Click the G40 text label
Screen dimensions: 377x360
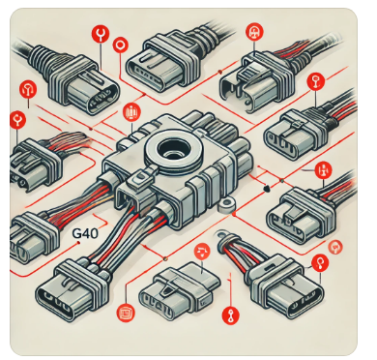(x=85, y=233)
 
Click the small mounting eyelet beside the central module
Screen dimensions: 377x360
(x=226, y=204)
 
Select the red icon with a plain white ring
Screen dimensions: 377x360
(x=121, y=45)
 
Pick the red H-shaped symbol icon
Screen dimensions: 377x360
(x=323, y=170)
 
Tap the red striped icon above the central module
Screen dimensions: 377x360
(x=131, y=112)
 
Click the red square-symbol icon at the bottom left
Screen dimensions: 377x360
(x=126, y=313)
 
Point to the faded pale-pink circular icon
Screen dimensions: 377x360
(x=335, y=248)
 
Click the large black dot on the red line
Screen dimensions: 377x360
(x=267, y=188)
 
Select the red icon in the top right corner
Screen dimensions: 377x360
(x=254, y=32)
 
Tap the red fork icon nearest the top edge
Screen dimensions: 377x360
(x=101, y=34)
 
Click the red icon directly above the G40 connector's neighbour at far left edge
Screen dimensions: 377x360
(x=18, y=120)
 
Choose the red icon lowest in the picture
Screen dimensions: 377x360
(x=231, y=315)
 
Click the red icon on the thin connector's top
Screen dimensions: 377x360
(x=203, y=251)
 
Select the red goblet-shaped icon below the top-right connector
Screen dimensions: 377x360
(x=315, y=81)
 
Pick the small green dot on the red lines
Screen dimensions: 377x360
(x=282, y=180)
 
